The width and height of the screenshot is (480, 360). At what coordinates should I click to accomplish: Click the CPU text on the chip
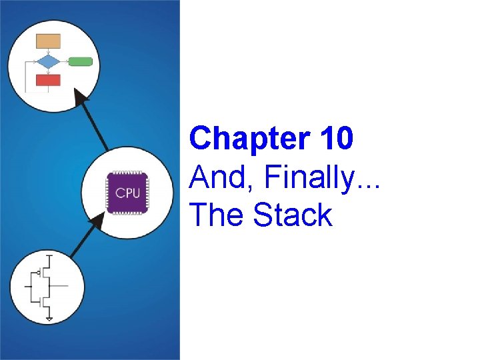click(x=127, y=193)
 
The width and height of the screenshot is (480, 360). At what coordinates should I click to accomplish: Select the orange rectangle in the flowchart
click(x=48, y=41)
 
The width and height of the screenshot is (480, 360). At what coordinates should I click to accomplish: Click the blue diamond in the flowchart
click(x=48, y=62)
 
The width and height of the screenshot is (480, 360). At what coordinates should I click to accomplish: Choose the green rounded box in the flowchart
click(x=80, y=62)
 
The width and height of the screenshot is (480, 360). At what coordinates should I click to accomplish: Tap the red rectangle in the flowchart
click(x=48, y=80)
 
